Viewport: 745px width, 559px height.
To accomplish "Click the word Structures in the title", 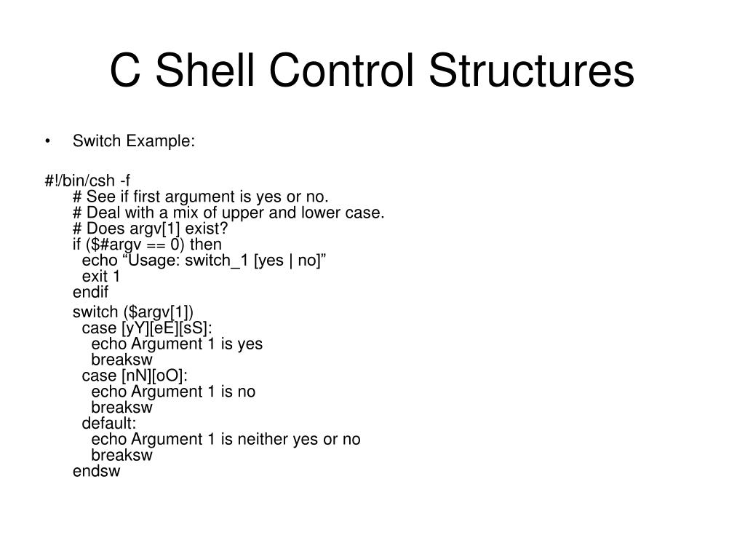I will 531,71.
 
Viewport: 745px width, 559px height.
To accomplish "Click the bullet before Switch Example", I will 48,141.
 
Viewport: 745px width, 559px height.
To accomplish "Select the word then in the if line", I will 206,245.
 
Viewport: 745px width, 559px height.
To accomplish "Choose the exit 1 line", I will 101,277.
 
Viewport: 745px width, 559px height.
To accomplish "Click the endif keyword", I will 90,293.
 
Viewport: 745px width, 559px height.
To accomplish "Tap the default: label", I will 109,424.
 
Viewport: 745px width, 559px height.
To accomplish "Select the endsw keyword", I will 96,471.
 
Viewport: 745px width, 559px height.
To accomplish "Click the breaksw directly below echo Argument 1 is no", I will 121,408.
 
